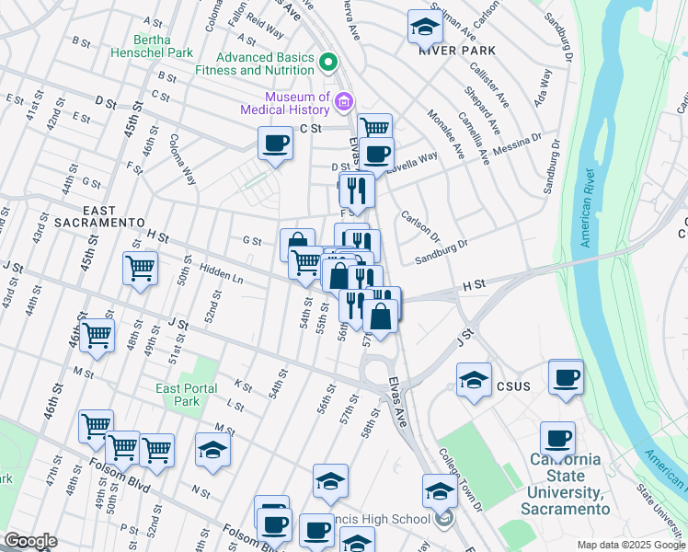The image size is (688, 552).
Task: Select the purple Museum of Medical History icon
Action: pos(344,101)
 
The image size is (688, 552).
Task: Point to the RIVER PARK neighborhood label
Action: pos(457,51)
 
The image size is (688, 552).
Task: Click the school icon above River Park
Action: pos(424,27)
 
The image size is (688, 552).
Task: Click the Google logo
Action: pos(30,541)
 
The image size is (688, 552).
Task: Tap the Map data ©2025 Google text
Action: pos(629,545)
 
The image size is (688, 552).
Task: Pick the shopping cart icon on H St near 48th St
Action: pos(140,270)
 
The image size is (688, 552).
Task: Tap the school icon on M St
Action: pos(212,451)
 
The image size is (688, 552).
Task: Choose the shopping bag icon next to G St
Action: pos(297,245)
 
